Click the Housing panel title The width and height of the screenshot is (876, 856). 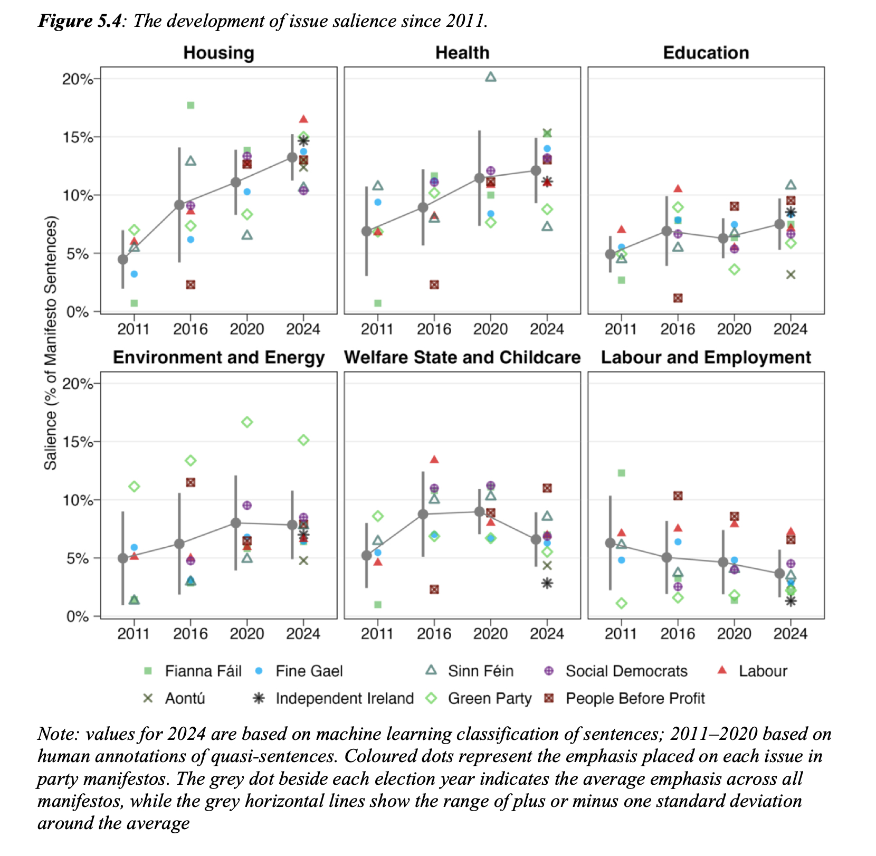tap(218, 53)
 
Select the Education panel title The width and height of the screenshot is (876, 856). tap(706, 53)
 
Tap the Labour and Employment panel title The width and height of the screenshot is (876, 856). tap(706, 357)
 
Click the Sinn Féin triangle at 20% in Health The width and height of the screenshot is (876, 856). tap(490, 77)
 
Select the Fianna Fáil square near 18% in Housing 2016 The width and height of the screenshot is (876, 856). tap(191, 105)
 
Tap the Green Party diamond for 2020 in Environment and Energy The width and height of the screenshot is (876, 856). tap(247, 422)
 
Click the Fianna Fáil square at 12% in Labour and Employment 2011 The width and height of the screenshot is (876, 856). tap(621, 473)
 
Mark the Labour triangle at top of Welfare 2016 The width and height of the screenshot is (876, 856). tap(434, 460)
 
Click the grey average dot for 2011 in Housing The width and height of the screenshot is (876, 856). tap(122, 259)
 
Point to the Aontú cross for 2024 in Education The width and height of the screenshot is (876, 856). tap(791, 274)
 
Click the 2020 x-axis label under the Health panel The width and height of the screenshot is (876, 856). tap(490, 329)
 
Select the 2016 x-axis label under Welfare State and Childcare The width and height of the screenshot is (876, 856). tap(434, 633)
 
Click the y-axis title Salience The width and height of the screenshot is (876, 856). tap(50, 343)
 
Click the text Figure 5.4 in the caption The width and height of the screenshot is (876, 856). tap(79, 21)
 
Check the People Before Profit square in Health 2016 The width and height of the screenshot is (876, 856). tap(434, 284)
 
